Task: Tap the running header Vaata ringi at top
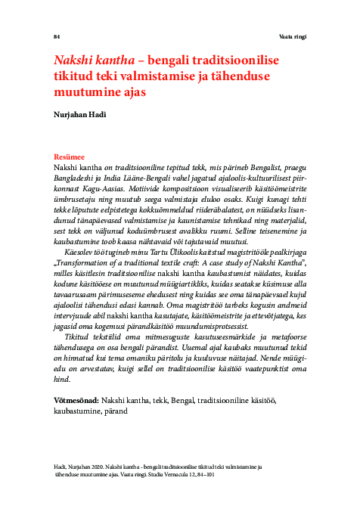click(x=291, y=36)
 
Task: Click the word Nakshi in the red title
click(x=74, y=60)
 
